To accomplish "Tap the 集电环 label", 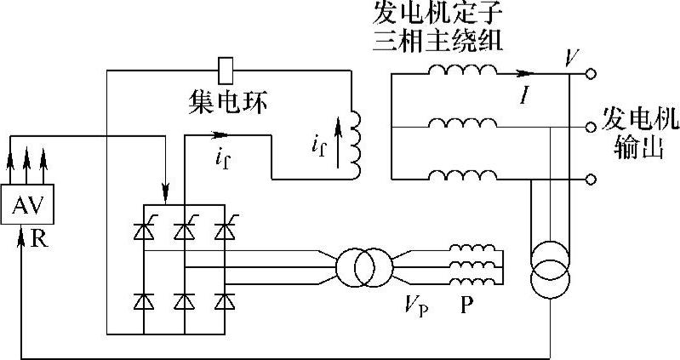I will [x=227, y=103].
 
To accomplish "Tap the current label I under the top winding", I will [x=525, y=95].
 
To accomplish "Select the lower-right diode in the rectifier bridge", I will [x=224, y=300].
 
